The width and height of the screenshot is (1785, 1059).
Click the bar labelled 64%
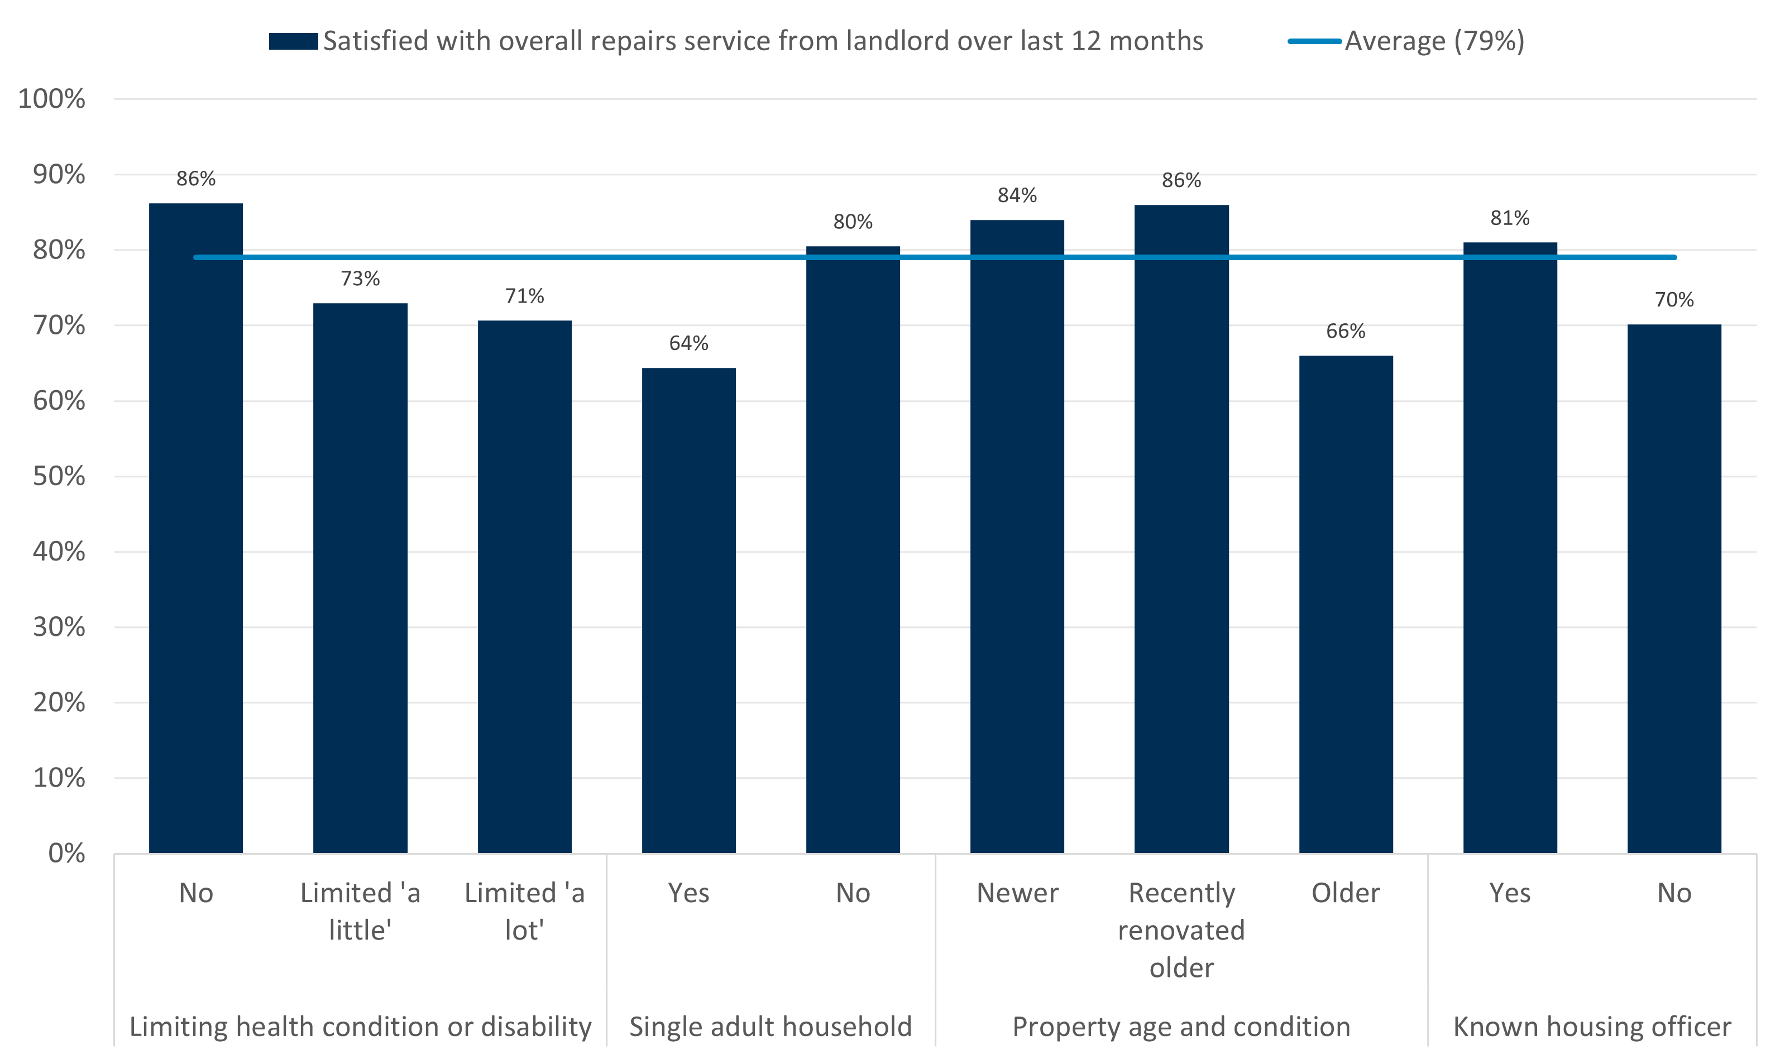pyautogui.click(x=689, y=610)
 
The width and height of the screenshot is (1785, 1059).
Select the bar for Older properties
pyautogui.click(x=1346, y=603)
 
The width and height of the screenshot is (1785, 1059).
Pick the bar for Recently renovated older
pyautogui.click(x=1181, y=529)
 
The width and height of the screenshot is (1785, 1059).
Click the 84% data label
pyautogui.click(x=1017, y=195)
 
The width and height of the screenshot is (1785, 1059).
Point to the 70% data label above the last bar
pyautogui.click(x=1674, y=299)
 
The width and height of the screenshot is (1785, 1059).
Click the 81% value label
pyautogui.click(x=1510, y=218)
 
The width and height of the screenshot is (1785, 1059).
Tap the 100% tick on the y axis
pyautogui.click(x=51, y=98)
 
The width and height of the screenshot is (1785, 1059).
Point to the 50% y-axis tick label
pyautogui.click(x=59, y=476)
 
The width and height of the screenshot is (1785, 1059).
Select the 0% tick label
pyautogui.click(x=66, y=853)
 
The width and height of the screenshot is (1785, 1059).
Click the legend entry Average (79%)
pyautogui.click(x=1434, y=41)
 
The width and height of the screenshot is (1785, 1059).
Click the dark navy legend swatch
pyautogui.click(x=293, y=41)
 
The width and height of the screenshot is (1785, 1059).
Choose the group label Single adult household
pyautogui.click(x=770, y=1026)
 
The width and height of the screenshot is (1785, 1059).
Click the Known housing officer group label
pyautogui.click(x=1592, y=1026)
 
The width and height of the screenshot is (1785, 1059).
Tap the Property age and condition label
pyautogui.click(x=1181, y=1026)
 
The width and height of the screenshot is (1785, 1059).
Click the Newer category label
pyautogui.click(x=1017, y=893)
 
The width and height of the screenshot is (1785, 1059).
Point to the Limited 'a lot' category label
pyautogui.click(x=525, y=911)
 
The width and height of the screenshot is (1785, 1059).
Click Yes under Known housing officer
pyautogui.click(x=1510, y=893)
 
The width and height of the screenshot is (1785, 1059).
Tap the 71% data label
pyautogui.click(x=525, y=295)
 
